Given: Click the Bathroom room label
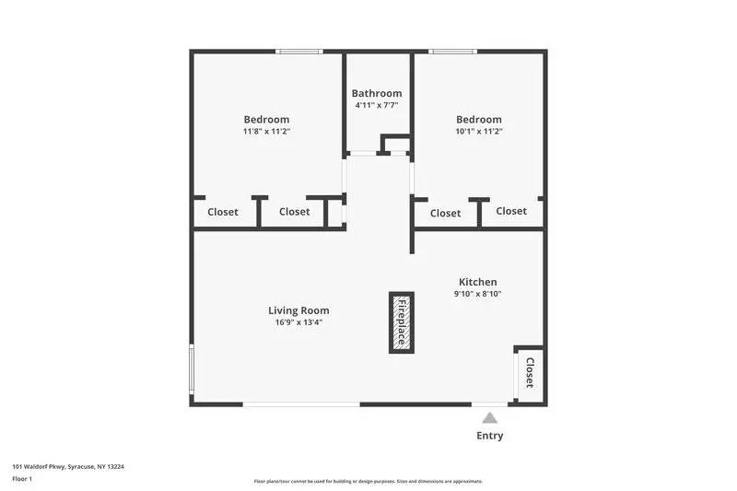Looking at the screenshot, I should [x=377, y=93].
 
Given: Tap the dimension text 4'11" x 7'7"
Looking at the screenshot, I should [x=377, y=105].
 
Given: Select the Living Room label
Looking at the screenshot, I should [x=298, y=310].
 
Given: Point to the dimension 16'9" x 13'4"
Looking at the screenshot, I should [x=298, y=322].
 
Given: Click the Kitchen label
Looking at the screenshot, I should [x=478, y=282].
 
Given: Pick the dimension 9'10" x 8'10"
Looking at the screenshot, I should [x=478, y=294].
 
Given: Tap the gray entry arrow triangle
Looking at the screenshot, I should [x=490, y=417].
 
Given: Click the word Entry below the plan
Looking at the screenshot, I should [x=490, y=436].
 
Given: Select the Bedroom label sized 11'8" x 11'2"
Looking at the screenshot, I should [x=266, y=119].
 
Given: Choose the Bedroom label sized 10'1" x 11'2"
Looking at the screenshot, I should [x=479, y=119].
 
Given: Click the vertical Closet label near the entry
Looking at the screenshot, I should [x=530, y=373].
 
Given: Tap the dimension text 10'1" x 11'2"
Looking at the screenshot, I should [x=479, y=131].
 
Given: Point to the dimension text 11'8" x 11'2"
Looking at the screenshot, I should [x=266, y=131].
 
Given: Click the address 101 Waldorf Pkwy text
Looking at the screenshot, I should [x=68, y=466].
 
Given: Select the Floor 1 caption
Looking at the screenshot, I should [x=22, y=479].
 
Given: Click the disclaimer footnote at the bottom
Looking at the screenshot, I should [x=368, y=481].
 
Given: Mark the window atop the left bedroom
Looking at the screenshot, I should [x=299, y=52].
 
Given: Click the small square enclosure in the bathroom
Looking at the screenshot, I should [x=396, y=144].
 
